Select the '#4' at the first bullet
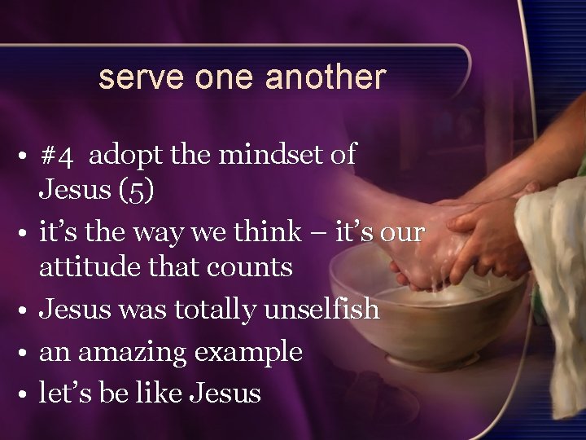pyautogui.click(x=57, y=155)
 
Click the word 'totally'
pyautogui.click(x=212, y=310)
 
